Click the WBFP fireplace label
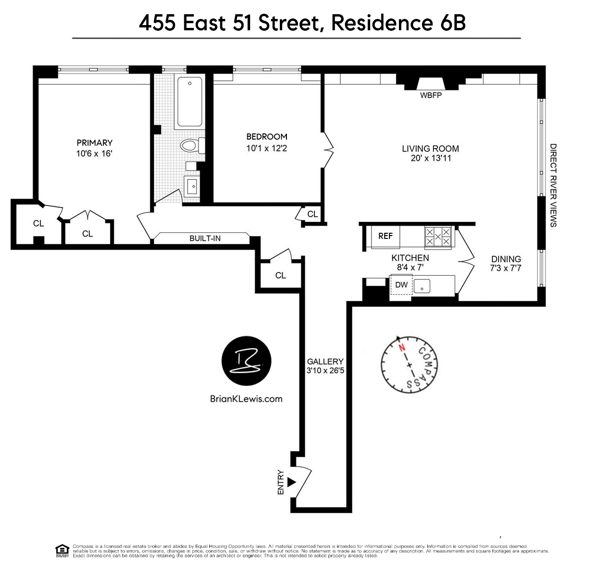pos(431,96)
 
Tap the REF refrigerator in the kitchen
pos(385,236)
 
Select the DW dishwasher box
pos(401,285)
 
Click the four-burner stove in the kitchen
pos(438,237)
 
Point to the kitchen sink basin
pos(422,286)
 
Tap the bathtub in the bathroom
pos(190,102)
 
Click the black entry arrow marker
pos(291,482)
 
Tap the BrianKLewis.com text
pos(246,399)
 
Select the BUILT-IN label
pos(205,238)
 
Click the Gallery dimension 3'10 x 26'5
pos(325,370)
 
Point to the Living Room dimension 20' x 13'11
pos(431,158)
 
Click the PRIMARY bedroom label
pos(95,143)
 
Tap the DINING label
pos(506,259)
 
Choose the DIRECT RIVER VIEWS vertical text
pos(553,185)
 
